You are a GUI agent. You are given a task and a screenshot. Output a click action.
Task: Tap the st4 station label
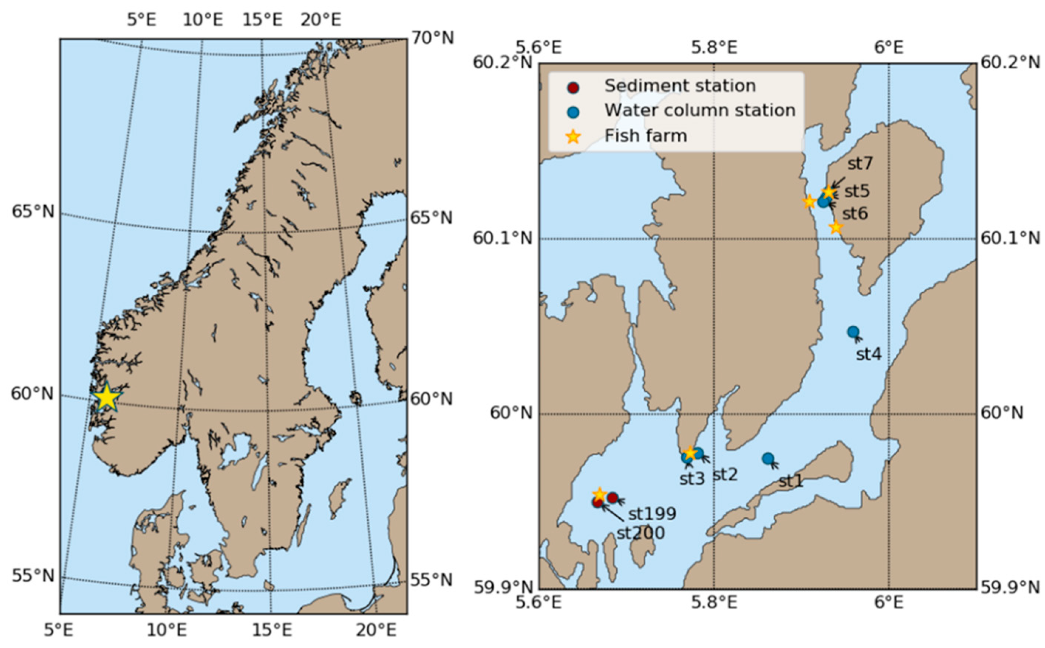click(x=868, y=354)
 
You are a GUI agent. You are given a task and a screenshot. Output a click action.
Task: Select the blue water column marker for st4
click(x=852, y=332)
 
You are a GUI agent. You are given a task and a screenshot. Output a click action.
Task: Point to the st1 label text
click(x=790, y=482)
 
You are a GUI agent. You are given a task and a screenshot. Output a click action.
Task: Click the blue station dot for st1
click(x=767, y=459)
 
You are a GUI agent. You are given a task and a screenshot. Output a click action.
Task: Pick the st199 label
click(x=652, y=514)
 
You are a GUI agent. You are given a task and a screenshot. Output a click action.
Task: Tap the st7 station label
click(x=860, y=164)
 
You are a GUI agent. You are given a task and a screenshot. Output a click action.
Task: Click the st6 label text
click(x=855, y=213)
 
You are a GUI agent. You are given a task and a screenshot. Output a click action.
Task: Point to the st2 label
click(x=725, y=475)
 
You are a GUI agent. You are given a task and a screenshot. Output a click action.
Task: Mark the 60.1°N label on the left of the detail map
click(x=502, y=238)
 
